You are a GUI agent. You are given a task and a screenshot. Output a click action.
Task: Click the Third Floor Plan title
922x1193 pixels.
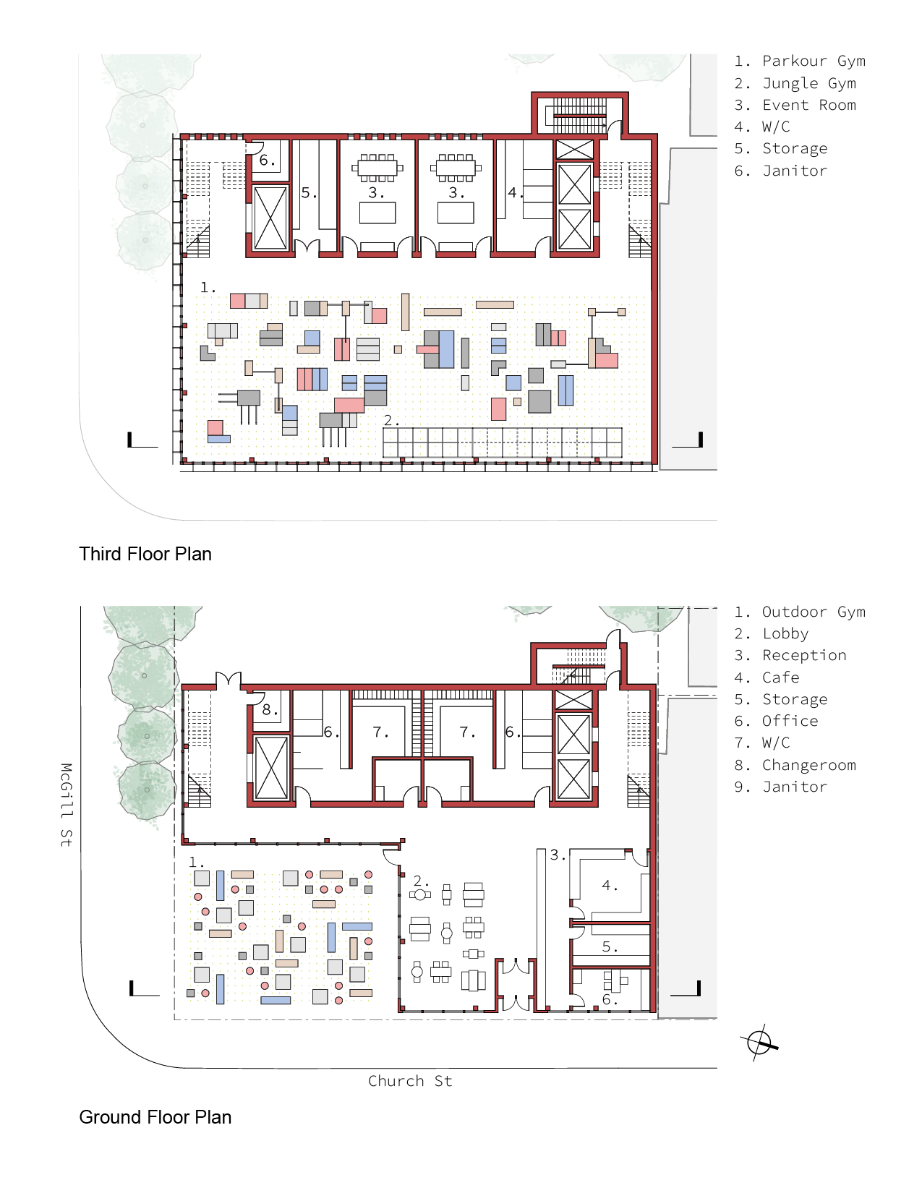pyautogui.click(x=145, y=554)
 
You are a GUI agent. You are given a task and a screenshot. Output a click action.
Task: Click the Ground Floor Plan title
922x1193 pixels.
pyautogui.click(x=155, y=1117)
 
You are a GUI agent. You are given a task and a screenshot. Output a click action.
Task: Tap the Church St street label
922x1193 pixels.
pyautogui.click(x=410, y=1081)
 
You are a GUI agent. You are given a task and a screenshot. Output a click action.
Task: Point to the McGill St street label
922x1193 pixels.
pyautogui.click(x=66, y=805)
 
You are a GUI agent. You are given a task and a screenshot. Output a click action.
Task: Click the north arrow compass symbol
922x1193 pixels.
pyautogui.click(x=759, y=1041)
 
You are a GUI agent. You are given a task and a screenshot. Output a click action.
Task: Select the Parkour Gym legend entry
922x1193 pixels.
pyautogui.click(x=800, y=61)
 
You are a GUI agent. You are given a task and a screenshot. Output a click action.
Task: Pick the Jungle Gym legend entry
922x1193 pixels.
pyautogui.click(x=795, y=83)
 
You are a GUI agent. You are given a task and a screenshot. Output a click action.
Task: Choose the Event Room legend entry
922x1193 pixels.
pyautogui.click(x=795, y=105)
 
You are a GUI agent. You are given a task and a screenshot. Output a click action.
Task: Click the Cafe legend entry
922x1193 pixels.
pyautogui.click(x=767, y=677)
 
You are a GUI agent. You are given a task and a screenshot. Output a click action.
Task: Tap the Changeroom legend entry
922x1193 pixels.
pyautogui.click(x=795, y=765)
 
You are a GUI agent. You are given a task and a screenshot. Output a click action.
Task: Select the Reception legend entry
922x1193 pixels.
pyautogui.click(x=790, y=655)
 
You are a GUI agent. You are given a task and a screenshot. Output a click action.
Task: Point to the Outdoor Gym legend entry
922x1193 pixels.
pyautogui.click(x=800, y=612)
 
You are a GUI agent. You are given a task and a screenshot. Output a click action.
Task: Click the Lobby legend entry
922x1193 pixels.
pyautogui.click(x=771, y=633)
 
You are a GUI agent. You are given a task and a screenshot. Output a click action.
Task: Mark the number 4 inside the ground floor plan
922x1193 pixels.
pyautogui.click(x=610, y=885)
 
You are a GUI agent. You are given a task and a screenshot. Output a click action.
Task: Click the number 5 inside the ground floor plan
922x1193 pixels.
pyautogui.click(x=610, y=946)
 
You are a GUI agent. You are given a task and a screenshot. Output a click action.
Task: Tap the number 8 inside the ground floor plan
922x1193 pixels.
pyautogui.click(x=269, y=709)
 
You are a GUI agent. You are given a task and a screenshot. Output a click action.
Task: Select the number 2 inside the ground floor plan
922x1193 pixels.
pyautogui.click(x=420, y=881)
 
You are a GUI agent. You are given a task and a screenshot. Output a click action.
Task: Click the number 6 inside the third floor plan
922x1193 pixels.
pyautogui.click(x=267, y=160)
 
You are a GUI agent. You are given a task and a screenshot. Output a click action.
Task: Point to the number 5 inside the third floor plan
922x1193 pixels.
pyautogui.click(x=309, y=193)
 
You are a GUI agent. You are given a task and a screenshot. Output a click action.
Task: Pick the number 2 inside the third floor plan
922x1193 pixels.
pyautogui.click(x=391, y=421)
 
